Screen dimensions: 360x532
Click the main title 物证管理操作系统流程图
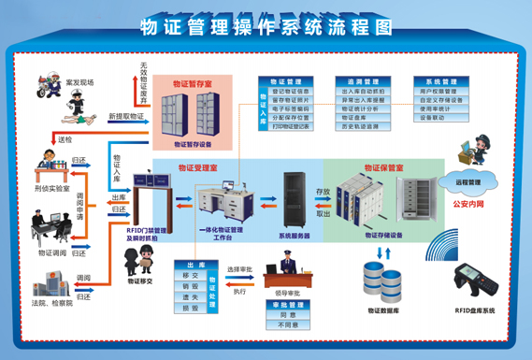(x=265, y=26)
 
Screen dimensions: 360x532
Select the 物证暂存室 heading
(x=194, y=83)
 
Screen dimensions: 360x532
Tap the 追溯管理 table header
(x=358, y=81)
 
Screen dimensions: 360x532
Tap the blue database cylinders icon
(x=381, y=275)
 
